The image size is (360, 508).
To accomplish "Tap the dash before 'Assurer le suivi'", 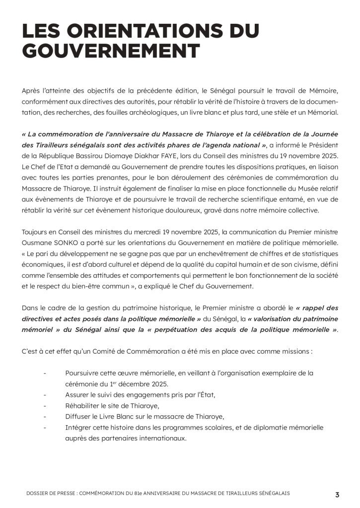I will coord(45,395).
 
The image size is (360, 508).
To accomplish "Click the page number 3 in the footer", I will coord(337,494).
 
